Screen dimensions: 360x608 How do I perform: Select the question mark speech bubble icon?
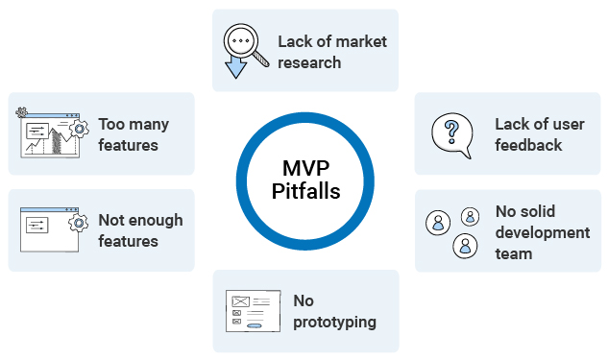(x=451, y=133)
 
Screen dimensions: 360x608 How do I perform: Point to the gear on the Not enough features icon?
(x=77, y=223)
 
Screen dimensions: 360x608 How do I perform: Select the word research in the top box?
(x=309, y=63)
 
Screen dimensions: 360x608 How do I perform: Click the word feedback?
(x=528, y=145)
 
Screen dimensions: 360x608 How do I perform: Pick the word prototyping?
(x=334, y=323)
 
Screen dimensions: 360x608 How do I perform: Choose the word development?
(x=542, y=232)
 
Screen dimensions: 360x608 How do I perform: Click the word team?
(x=513, y=253)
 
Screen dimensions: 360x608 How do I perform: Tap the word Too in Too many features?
(x=110, y=124)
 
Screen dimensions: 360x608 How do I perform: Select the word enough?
(x=153, y=220)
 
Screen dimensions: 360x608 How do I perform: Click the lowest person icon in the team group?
(x=466, y=246)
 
